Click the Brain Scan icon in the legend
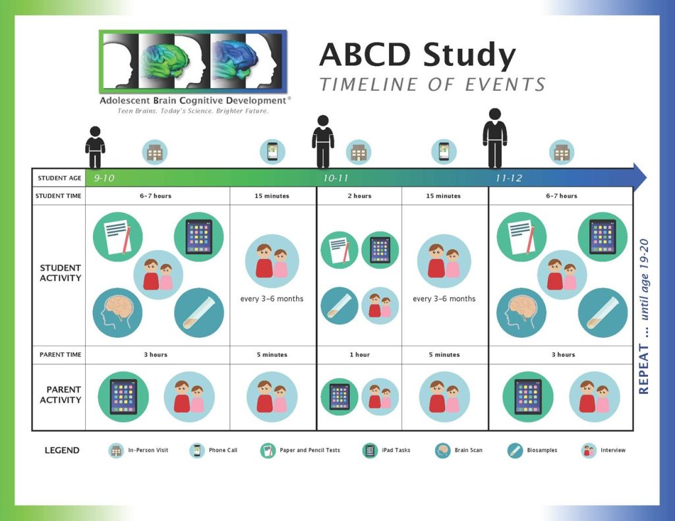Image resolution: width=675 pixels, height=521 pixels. (x=442, y=451)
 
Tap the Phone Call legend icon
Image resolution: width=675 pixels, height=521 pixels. (x=196, y=451)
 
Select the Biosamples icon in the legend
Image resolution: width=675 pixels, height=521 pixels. (x=515, y=451)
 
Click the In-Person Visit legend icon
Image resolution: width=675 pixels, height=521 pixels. (x=116, y=451)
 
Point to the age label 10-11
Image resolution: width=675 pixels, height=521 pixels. (x=336, y=178)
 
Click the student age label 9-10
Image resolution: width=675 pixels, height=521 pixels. (x=104, y=178)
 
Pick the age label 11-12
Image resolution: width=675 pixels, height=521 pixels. (x=509, y=178)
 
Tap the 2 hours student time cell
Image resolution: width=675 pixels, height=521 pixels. (x=359, y=196)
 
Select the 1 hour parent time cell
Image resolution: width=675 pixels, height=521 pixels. (x=359, y=354)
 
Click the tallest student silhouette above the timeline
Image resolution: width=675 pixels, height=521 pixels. (x=494, y=138)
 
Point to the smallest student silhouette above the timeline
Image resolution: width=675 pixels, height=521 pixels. (x=95, y=148)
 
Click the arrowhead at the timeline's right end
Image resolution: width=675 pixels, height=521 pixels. (x=639, y=177)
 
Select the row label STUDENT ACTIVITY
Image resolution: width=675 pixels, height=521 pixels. (x=60, y=273)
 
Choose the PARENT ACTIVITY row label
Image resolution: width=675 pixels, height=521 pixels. (x=60, y=395)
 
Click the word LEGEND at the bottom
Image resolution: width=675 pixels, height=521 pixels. (x=62, y=451)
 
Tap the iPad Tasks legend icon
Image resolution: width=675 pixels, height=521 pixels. (x=369, y=451)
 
